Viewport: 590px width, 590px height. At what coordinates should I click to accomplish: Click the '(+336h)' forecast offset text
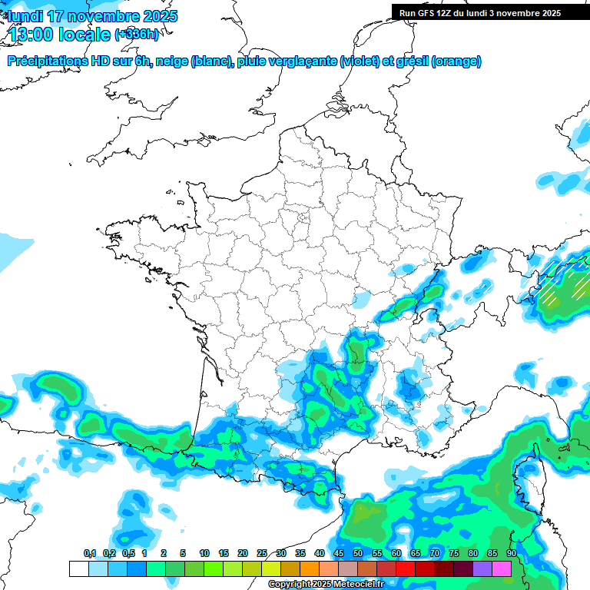click(x=137, y=34)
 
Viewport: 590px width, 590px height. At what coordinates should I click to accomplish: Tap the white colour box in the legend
click(x=78, y=568)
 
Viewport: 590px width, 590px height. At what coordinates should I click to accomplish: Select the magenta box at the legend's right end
click(x=502, y=568)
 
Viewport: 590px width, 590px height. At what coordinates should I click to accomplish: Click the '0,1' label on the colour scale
click(x=90, y=553)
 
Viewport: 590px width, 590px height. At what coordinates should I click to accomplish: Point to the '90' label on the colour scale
click(x=511, y=553)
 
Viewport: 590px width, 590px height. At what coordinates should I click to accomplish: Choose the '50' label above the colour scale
click(x=358, y=553)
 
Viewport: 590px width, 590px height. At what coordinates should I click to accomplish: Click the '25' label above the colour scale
click(x=262, y=553)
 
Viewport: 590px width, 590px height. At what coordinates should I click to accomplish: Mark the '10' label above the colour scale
click(x=204, y=553)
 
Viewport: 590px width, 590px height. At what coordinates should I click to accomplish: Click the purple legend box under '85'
click(x=482, y=568)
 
